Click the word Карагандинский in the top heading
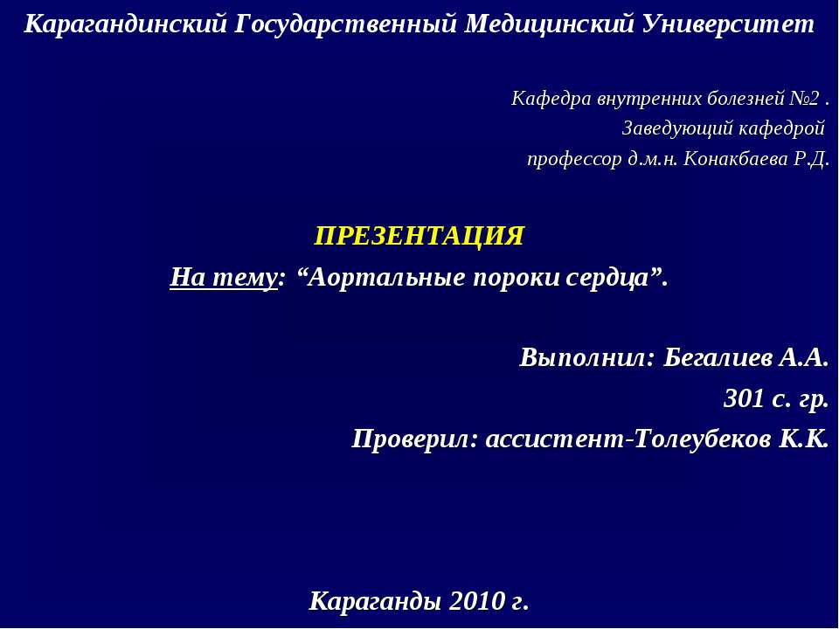(x=126, y=24)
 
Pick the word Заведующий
(x=666, y=129)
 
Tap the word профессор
(x=574, y=160)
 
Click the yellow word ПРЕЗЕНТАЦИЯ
(x=419, y=236)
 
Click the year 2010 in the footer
(x=477, y=602)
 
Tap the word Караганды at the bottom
(x=376, y=602)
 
